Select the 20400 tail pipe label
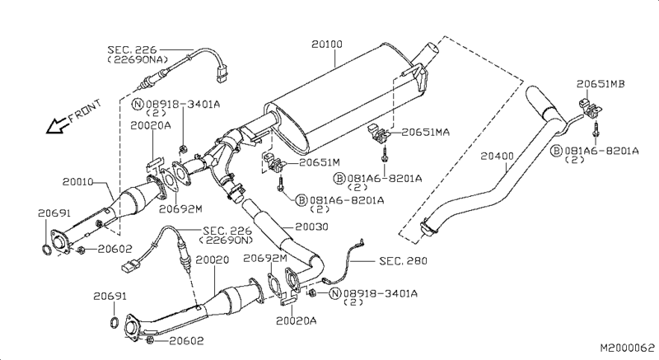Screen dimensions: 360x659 [498, 156]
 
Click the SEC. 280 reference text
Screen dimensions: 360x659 [404, 261]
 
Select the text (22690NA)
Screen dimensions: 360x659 [138, 60]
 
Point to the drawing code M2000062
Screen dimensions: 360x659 [624, 349]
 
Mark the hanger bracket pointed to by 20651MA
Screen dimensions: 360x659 [378, 133]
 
